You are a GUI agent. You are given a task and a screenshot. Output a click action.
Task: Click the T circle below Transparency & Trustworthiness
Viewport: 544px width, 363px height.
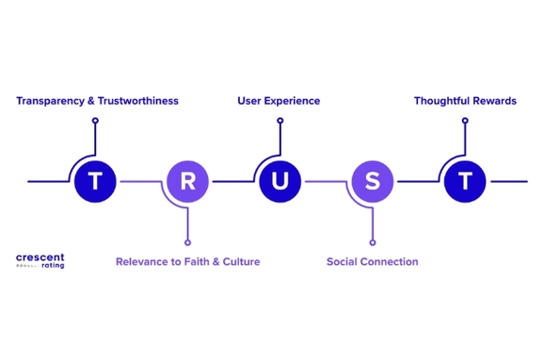click(95, 180)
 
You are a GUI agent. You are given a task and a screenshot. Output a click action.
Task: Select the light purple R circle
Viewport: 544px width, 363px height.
click(187, 180)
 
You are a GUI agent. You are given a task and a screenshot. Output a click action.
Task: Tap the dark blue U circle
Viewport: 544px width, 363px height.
click(280, 180)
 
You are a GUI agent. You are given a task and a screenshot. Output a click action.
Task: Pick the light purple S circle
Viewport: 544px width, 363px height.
click(372, 180)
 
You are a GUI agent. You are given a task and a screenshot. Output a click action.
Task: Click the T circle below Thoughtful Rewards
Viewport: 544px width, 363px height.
click(464, 180)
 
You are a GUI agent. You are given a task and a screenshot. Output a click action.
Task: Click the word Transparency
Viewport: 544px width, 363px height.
click(50, 101)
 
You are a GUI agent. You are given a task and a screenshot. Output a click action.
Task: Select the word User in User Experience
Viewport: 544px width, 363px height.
click(249, 101)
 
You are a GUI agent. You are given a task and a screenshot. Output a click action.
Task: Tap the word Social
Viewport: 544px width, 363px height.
click(344, 261)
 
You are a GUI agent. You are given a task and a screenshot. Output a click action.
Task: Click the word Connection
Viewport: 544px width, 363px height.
click(392, 261)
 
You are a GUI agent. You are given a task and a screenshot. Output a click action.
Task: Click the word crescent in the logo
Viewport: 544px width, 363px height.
click(40, 256)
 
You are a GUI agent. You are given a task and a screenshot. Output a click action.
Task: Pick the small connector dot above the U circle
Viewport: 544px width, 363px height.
click(280, 121)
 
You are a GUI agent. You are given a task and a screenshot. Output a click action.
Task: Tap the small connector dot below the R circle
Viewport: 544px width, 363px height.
click(187, 241)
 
